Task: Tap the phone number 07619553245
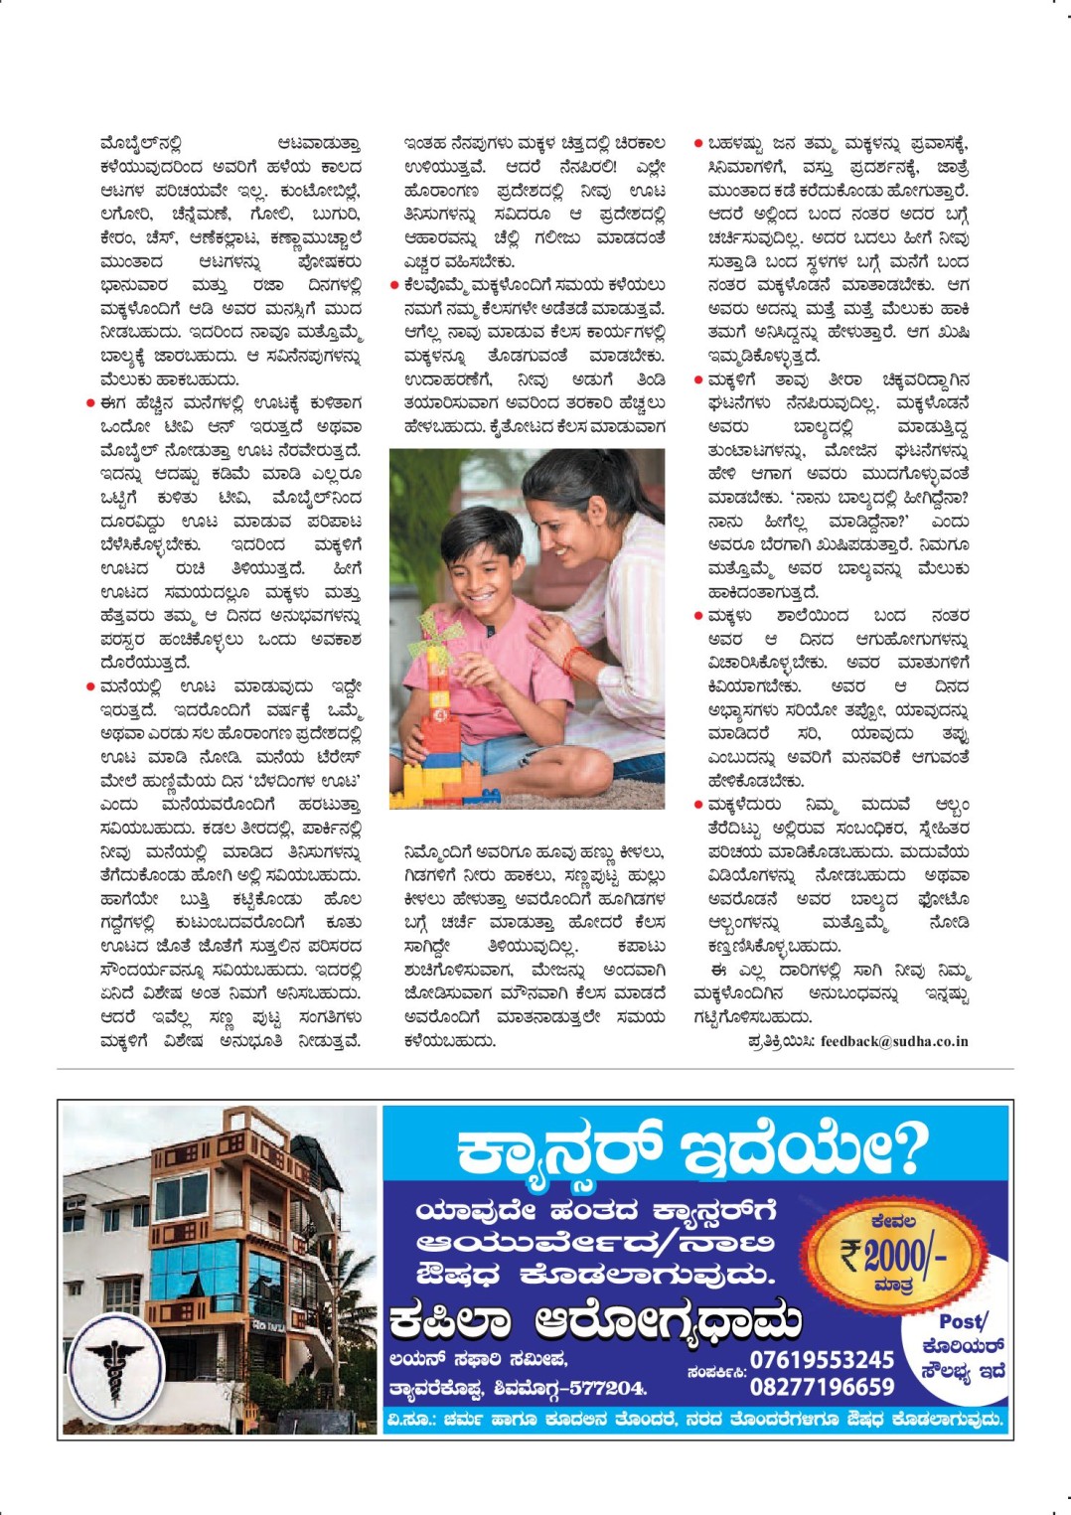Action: coord(822,1359)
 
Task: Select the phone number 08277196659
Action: coord(822,1386)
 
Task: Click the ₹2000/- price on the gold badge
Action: coord(893,1255)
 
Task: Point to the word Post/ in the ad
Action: coord(963,1322)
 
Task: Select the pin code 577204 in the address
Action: coord(607,1388)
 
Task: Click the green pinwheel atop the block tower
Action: coord(429,629)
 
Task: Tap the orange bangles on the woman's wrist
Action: coord(574,661)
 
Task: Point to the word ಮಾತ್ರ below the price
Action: coord(893,1286)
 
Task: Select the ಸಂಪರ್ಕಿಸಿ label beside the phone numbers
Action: coord(715,1372)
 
